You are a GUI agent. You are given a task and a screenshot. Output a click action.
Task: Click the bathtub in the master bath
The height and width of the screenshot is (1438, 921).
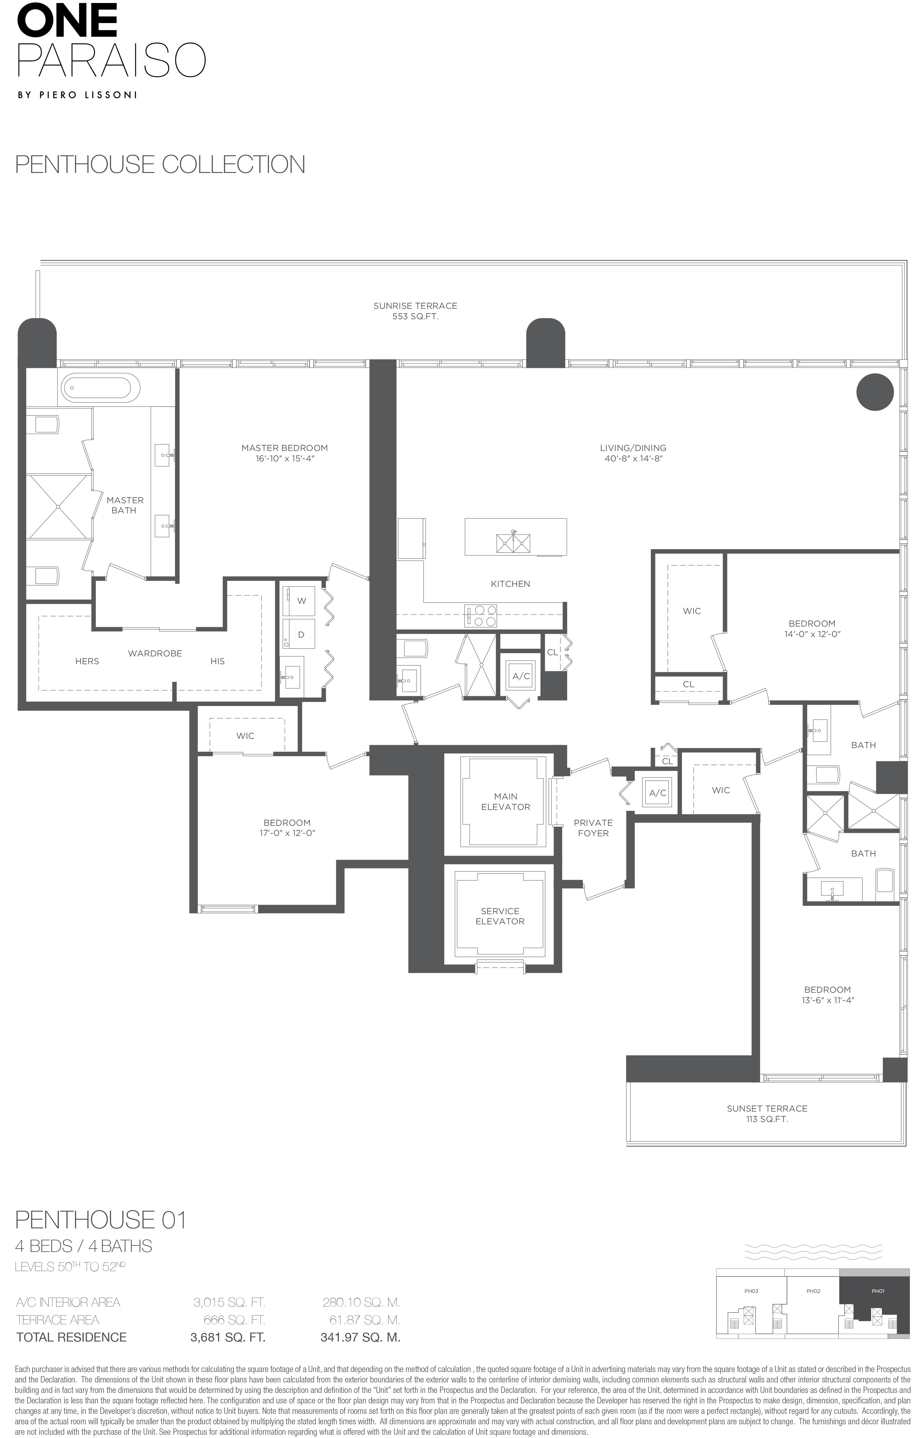(100, 387)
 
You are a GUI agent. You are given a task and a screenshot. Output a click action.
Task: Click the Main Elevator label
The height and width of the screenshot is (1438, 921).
(505, 802)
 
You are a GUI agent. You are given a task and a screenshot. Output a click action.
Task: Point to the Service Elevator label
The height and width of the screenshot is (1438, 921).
(500, 916)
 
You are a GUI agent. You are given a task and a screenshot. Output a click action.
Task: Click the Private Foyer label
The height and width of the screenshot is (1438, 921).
(593, 828)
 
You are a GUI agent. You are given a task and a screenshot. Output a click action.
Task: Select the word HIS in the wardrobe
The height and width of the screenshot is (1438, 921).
(218, 661)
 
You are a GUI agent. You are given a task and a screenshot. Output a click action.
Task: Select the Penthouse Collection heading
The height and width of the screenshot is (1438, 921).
(160, 165)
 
